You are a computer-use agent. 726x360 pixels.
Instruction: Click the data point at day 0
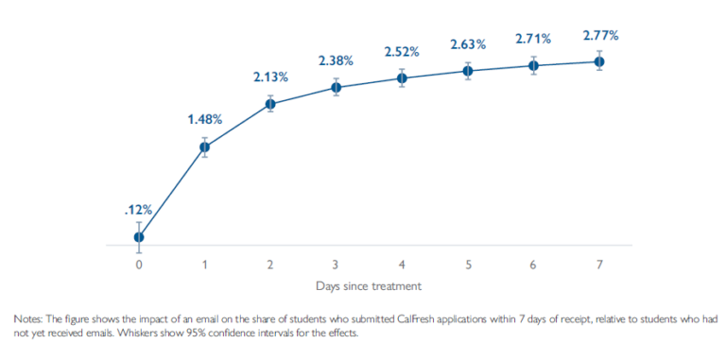[139, 236]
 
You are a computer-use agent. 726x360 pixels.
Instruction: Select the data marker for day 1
[204, 146]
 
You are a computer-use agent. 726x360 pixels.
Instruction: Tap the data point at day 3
[336, 87]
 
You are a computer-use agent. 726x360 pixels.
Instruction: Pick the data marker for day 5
[467, 71]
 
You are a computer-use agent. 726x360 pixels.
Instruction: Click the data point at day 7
[598, 61]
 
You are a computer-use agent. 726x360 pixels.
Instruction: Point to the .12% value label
[138, 210]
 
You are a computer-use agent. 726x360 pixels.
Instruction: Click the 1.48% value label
[204, 119]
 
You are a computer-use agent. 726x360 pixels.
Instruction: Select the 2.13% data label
[270, 77]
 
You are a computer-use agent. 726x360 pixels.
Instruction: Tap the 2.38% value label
[336, 60]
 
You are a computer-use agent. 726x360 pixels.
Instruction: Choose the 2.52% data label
[402, 52]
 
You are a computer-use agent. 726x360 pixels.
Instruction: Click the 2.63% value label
[467, 44]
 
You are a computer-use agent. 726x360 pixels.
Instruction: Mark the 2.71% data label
[533, 39]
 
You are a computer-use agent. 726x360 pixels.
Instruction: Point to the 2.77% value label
[599, 35]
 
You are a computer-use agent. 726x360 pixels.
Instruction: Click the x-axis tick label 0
[139, 265]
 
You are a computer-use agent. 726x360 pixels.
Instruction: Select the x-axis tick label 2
[270, 265]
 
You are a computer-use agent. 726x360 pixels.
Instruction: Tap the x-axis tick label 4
[402, 265]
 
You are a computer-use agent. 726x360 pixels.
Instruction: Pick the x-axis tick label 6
[533, 265]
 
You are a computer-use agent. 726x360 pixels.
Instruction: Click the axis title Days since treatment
[369, 284]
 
